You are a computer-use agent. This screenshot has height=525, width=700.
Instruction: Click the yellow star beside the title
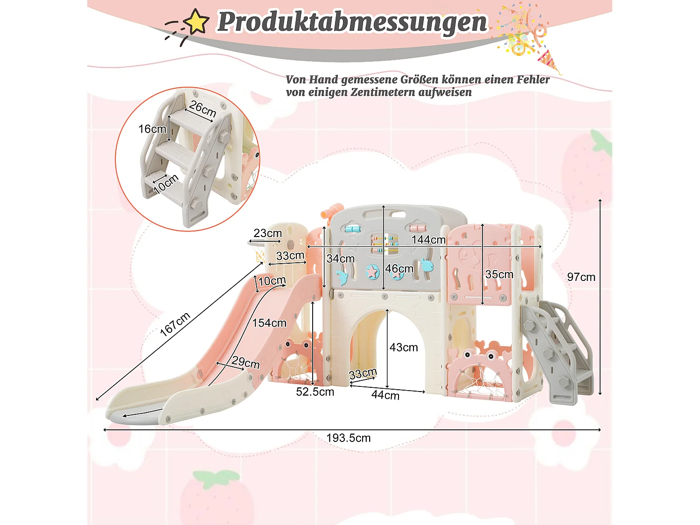[x=196, y=22]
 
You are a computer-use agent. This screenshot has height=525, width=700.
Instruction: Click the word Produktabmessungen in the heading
[x=352, y=22]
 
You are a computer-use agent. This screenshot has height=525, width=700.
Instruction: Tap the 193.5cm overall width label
[x=348, y=438]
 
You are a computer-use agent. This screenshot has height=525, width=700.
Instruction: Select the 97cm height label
[x=581, y=277]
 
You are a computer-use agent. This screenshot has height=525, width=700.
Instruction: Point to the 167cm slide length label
[x=175, y=324]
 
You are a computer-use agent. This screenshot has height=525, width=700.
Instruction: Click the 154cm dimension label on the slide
[x=269, y=323]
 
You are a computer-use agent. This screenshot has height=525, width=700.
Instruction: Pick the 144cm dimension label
[x=428, y=240]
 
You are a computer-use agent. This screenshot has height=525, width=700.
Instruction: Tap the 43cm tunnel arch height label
[x=404, y=348]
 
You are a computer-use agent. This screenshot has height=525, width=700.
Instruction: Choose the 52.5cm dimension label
[x=315, y=392]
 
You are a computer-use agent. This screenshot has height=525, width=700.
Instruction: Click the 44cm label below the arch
[x=385, y=395]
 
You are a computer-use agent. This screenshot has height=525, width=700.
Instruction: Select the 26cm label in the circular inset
[x=203, y=109]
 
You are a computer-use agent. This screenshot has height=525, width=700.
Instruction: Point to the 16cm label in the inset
[x=152, y=129]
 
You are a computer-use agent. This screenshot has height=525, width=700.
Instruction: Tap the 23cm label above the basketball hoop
[x=267, y=233]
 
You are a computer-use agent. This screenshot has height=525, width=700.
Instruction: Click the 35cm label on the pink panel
[x=499, y=274]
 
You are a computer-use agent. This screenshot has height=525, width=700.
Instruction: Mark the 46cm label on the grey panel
[x=399, y=269]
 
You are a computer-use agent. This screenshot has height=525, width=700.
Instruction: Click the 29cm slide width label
[x=245, y=362]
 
